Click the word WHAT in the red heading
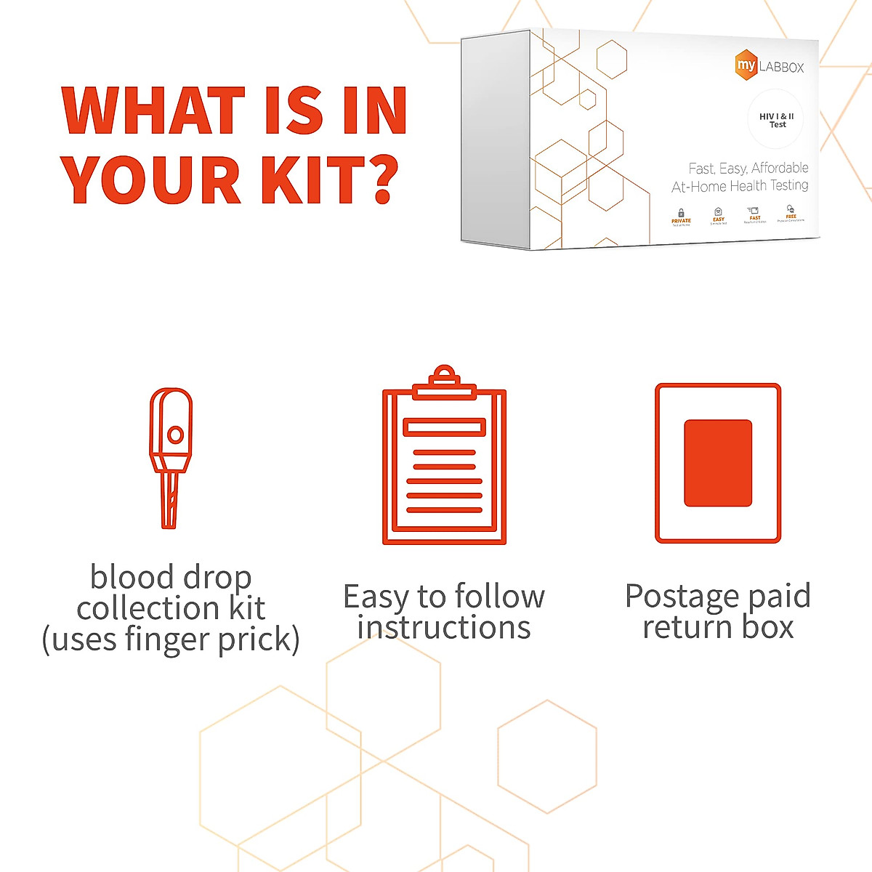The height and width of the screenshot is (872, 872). tap(153, 111)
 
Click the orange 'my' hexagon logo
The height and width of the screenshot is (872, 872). tap(746, 65)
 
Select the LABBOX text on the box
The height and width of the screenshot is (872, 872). tap(782, 68)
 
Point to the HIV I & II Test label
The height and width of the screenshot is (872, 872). tap(776, 121)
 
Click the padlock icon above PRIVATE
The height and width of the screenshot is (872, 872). tap(681, 213)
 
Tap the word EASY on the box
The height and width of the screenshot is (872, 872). tap(718, 219)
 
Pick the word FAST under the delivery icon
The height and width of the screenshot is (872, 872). tap(755, 218)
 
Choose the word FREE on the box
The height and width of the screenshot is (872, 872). tap(791, 217)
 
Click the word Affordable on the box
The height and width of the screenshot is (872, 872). tap(780, 168)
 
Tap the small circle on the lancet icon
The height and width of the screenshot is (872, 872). tap(175, 435)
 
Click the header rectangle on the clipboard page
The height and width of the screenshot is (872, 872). tap(444, 427)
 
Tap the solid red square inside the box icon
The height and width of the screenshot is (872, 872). tap(718, 463)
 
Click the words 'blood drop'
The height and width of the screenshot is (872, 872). tap(171, 577)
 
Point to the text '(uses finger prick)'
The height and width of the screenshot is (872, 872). tap(171, 639)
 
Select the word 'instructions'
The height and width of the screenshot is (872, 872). tap(444, 627)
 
